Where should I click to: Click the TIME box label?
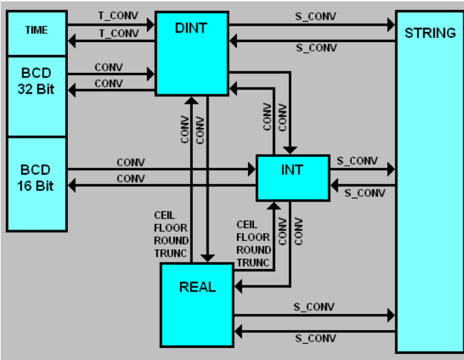click(x=37, y=30)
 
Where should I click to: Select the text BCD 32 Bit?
click(x=36, y=81)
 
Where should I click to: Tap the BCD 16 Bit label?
click(x=35, y=178)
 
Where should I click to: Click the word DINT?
click(x=191, y=28)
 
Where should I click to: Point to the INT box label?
click(x=292, y=170)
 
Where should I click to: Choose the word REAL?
click(x=198, y=287)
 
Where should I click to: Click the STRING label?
click(x=430, y=33)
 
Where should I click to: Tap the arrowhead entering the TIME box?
click(x=71, y=41)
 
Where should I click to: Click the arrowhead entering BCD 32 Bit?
click(x=71, y=90)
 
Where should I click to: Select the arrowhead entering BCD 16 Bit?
click(x=71, y=185)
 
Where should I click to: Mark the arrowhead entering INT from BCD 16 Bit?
click(x=252, y=169)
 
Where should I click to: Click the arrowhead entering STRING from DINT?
click(x=391, y=24)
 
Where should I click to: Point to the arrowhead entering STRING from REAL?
click(x=391, y=315)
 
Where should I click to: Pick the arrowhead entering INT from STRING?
click(x=334, y=185)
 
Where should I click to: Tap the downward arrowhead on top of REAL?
click(x=207, y=258)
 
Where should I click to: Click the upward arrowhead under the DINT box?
click(x=192, y=101)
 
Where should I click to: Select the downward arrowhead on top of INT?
click(x=289, y=150)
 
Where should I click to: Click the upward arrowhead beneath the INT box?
click(x=274, y=206)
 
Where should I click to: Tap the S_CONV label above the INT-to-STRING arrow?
click(x=357, y=161)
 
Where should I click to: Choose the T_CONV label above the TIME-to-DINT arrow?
click(x=118, y=16)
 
